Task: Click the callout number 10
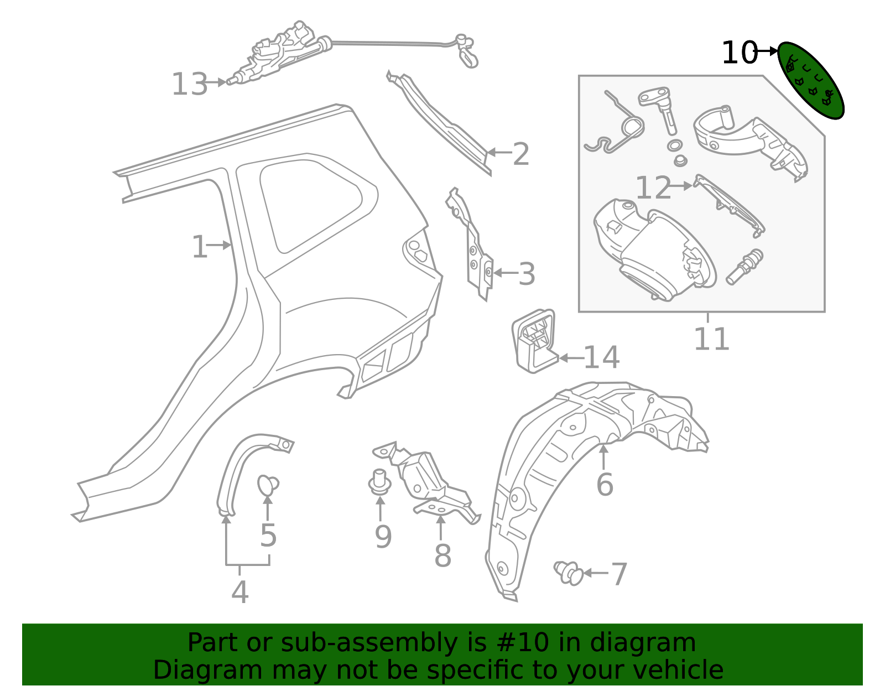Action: pos(738,53)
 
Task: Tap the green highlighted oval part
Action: pos(810,80)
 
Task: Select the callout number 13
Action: pos(189,85)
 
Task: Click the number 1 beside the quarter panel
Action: pos(199,247)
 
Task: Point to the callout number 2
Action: pos(521,154)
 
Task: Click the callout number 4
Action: pos(240,593)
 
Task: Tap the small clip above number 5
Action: pos(268,485)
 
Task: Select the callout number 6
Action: pos(605,485)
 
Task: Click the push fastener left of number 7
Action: pos(568,572)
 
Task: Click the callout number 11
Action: pos(711,339)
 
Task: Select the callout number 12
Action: pos(653,188)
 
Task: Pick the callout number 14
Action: pos(601,357)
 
